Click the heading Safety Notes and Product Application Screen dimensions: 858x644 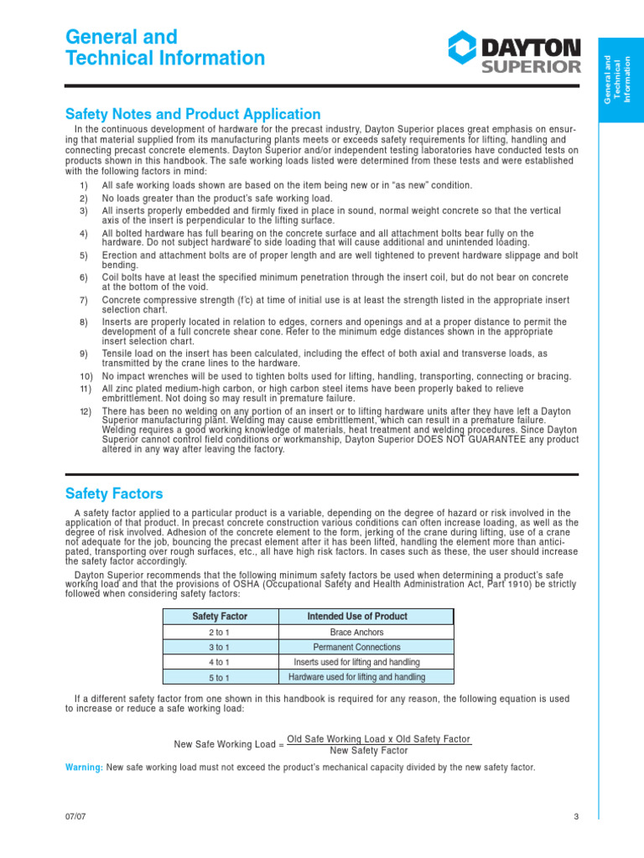[x=193, y=114]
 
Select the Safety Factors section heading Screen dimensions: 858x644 [x=114, y=494]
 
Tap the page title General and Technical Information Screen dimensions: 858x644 [x=165, y=48]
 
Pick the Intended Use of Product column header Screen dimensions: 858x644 [x=357, y=616]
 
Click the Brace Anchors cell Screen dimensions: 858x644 [x=357, y=632]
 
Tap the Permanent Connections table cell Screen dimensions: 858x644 [x=357, y=647]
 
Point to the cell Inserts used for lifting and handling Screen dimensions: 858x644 [x=357, y=662]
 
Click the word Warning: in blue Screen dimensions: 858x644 [x=84, y=768]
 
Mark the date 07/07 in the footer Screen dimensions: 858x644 [x=75, y=817]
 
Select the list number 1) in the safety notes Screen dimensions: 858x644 [x=84, y=185]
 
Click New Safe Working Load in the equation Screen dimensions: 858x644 [x=223, y=744]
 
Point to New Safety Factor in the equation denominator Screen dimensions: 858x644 [x=369, y=751]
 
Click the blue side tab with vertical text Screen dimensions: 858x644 [x=621, y=80]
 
